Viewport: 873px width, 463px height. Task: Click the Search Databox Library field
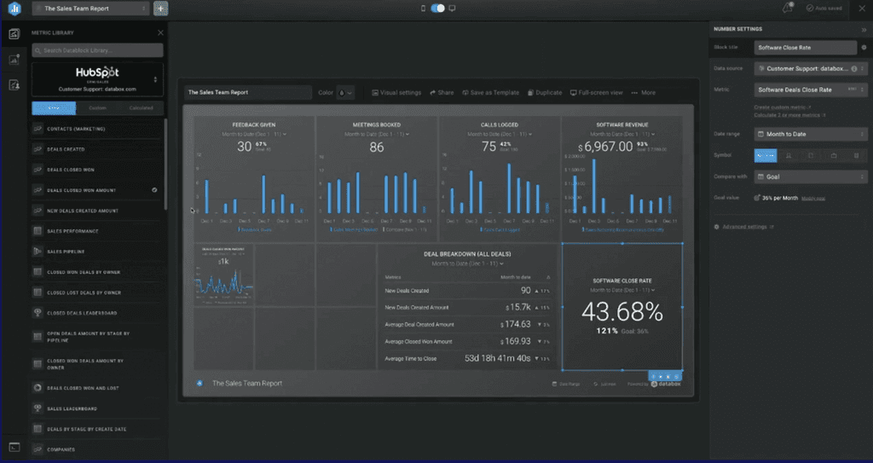point(96,50)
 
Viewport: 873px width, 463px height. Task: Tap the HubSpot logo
point(96,73)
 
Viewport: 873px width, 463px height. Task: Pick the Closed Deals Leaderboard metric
point(83,313)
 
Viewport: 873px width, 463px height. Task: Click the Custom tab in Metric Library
point(97,108)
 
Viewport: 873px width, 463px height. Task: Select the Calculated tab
point(141,108)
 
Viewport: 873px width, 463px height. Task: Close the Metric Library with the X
point(160,32)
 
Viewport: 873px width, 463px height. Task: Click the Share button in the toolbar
point(442,92)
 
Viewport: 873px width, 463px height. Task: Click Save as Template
point(491,92)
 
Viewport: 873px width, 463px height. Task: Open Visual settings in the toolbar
point(396,92)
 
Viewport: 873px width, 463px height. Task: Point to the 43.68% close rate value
point(622,310)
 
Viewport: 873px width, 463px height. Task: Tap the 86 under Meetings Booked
point(377,147)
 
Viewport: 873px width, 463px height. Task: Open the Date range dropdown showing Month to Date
point(810,134)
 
